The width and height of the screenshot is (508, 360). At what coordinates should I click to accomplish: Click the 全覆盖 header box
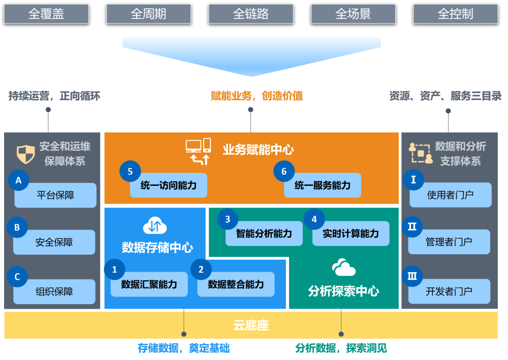[46, 14]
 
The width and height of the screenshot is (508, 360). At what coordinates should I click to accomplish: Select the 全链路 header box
[251, 14]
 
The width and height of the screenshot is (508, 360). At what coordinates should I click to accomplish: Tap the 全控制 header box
[455, 14]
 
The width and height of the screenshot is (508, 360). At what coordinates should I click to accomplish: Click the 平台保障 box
[55, 195]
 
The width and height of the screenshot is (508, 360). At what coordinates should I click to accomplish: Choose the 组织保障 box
[54, 292]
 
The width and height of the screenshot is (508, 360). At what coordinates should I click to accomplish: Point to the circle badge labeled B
[17, 227]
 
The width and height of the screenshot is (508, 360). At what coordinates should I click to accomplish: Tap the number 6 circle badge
[284, 172]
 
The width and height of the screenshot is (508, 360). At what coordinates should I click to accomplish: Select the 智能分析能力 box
[264, 234]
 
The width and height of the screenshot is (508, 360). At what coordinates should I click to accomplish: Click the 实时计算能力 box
[351, 234]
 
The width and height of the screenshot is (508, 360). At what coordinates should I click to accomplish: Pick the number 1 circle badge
[114, 270]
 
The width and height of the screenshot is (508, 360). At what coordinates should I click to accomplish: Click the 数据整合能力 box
[236, 284]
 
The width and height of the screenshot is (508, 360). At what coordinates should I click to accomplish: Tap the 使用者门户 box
[450, 195]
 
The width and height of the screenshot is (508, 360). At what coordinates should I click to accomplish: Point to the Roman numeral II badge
[412, 227]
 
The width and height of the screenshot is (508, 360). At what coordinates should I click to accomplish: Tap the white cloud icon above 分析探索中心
[343, 268]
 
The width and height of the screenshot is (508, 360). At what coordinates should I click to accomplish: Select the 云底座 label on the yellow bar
[251, 325]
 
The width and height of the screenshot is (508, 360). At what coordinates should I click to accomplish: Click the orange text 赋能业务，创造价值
[257, 96]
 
